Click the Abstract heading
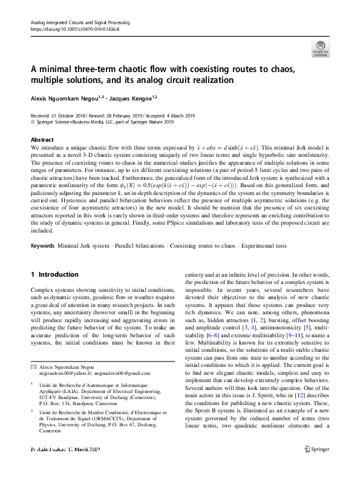(x=42, y=139)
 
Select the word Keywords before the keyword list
(x=42, y=263)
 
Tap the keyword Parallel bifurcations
(x=143, y=263)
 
